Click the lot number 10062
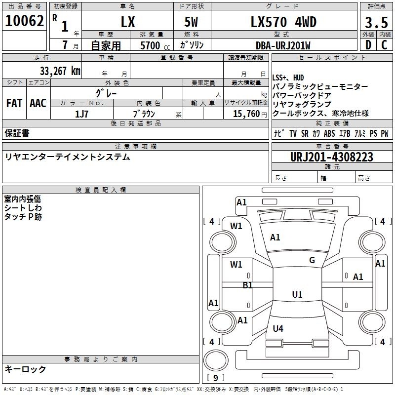pyautogui.click(x=24, y=21)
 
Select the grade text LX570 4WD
pyautogui.click(x=283, y=22)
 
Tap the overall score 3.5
pyautogui.click(x=376, y=22)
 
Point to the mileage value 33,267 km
pyautogui.click(x=60, y=71)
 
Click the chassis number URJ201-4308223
pyautogui.click(x=332, y=157)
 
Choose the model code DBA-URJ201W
pyautogui.click(x=283, y=45)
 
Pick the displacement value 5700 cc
pyautogui.click(x=155, y=45)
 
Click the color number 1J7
pyautogui.click(x=81, y=114)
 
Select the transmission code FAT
pyautogui.click(x=14, y=103)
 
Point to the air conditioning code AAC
pyautogui.click(x=38, y=103)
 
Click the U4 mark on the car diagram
pyautogui.click(x=278, y=328)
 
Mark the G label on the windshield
pyautogui.click(x=312, y=260)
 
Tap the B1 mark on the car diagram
pyautogui.click(x=247, y=285)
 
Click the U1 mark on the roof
pyautogui.click(x=297, y=294)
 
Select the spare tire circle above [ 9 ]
pyautogui.click(x=216, y=360)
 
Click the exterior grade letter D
pyautogui.click(x=368, y=45)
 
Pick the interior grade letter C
pyautogui.click(x=384, y=45)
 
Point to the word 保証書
pyautogui.click(x=17, y=133)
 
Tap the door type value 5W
pyautogui.click(x=191, y=22)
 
